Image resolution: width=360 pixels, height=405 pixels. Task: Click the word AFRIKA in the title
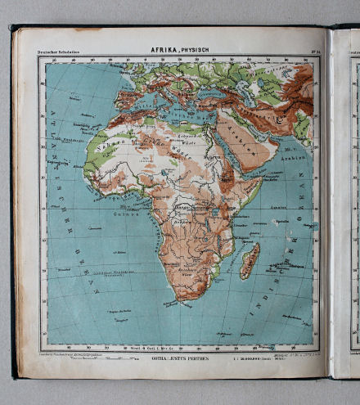(164, 49)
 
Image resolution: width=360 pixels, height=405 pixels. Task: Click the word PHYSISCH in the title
(194, 49)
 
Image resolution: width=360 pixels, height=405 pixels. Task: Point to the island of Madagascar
(250, 260)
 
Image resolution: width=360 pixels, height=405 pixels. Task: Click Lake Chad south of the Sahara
(168, 178)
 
